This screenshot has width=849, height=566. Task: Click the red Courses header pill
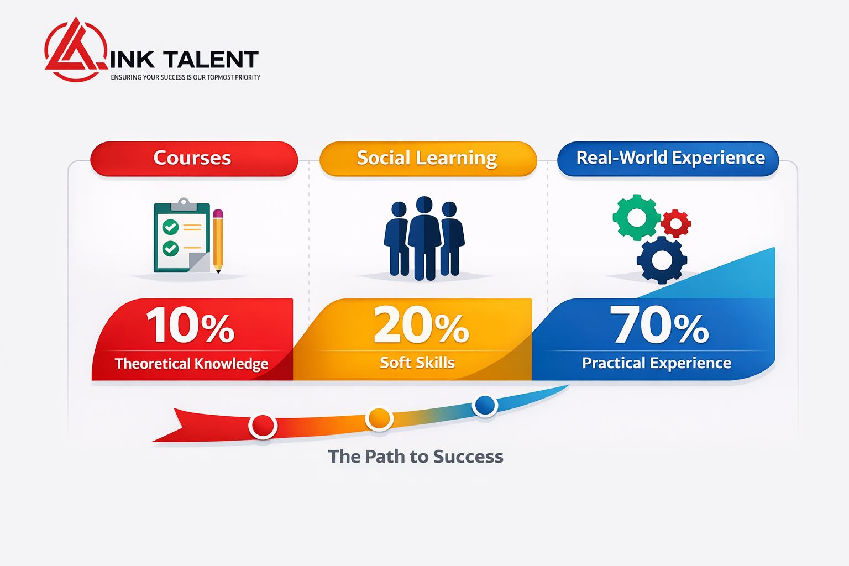[x=194, y=159]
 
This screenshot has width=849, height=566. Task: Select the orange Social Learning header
[x=428, y=159]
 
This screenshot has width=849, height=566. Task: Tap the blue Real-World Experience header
[x=668, y=159]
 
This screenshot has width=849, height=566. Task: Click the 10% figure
[x=190, y=325]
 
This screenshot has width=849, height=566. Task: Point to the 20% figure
[x=422, y=325]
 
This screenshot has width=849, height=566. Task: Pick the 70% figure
[x=659, y=324]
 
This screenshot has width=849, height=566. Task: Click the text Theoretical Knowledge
[x=192, y=364]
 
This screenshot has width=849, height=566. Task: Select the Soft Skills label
[x=417, y=363]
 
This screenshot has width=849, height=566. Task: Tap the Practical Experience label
[x=657, y=363]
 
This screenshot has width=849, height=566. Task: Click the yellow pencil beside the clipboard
[x=218, y=241]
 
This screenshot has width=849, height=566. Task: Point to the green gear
[x=637, y=218]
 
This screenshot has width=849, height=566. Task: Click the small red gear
[x=676, y=223]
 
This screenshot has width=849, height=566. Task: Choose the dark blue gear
[x=662, y=260]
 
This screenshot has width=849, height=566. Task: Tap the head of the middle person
[x=424, y=205]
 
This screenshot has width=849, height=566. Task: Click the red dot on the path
[x=263, y=426]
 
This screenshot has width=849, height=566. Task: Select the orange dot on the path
[x=379, y=419]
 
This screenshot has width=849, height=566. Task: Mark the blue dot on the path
[x=485, y=405]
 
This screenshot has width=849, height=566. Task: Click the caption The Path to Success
[x=416, y=457]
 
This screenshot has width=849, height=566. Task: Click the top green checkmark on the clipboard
[x=171, y=227]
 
